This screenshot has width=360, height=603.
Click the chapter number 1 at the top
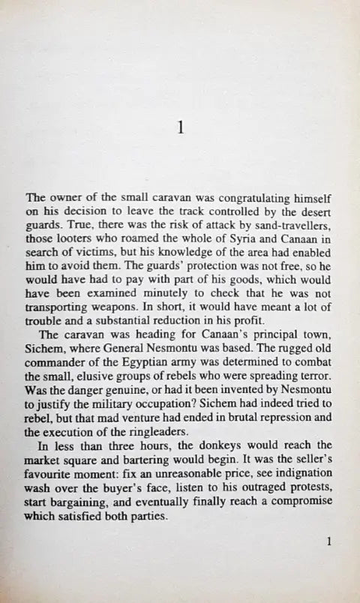179,127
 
